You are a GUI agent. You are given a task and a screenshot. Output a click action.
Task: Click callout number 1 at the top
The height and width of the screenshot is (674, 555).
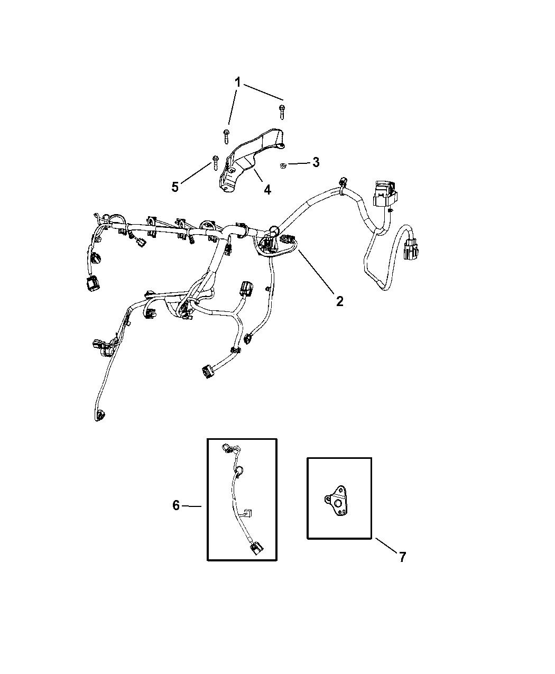tap(237, 82)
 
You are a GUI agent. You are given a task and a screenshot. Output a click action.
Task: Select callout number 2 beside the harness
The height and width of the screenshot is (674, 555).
tap(339, 301)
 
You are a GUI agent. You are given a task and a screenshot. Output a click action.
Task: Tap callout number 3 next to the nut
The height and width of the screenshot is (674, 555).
tap(316, 162)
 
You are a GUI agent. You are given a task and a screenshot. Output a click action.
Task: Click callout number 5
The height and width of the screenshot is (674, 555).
tap(175, 187)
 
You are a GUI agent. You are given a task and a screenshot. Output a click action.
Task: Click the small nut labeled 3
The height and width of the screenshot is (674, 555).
tap(283, 166)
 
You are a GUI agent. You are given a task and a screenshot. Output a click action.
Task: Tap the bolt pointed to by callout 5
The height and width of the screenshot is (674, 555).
tap(215, 163)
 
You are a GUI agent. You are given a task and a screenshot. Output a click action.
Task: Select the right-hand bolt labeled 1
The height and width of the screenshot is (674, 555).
tap(282, 112)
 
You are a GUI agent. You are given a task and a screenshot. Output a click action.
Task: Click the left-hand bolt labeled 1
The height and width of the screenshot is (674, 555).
tap(226, 136)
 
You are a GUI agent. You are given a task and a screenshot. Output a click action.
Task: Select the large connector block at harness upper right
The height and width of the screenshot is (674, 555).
tap(385, 193)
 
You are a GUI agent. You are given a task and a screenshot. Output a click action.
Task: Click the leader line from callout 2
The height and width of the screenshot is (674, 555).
tap(317, 272)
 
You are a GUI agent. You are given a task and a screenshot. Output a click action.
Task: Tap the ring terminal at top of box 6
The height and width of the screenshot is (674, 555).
tap(226, 448)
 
